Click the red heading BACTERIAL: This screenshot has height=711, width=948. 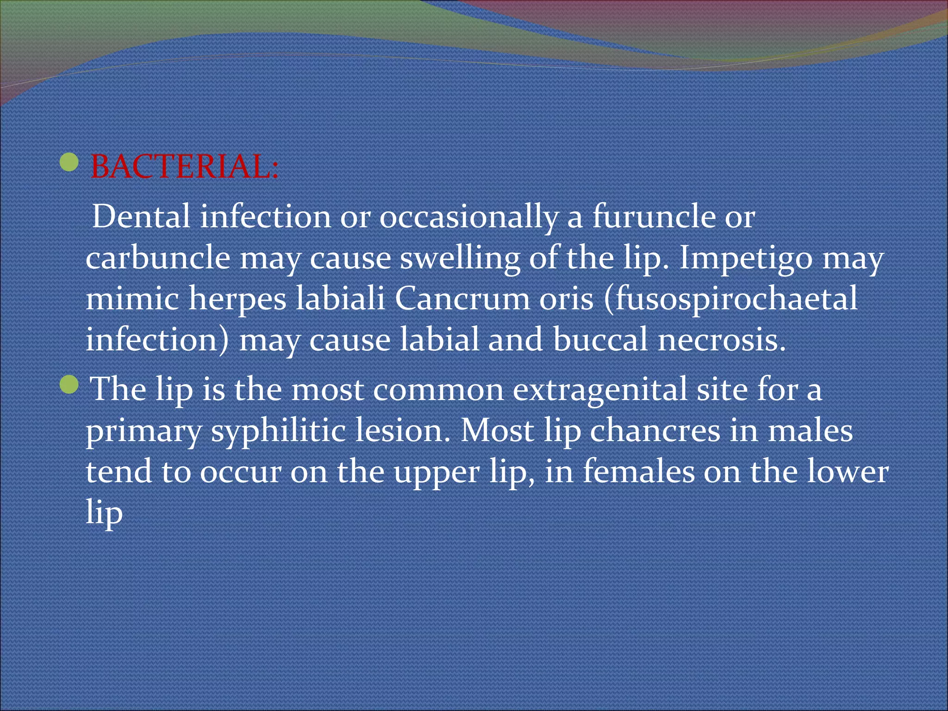[x=184, y=167]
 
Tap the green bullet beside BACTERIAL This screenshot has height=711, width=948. [x=69, y=162]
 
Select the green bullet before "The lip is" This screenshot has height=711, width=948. [x=69, y=385]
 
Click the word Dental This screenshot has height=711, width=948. [x=141, y=216]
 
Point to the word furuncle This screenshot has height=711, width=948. [x=654, y=216]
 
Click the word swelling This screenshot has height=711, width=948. [x=460, y=258]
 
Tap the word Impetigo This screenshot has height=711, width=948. [x=745, y=258]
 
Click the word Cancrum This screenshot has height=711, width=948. [x=462, y=299]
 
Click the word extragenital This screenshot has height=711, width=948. [x=599, y=390]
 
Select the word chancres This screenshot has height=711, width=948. [x=655, y=430]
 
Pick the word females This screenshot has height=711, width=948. [x=638, y=471]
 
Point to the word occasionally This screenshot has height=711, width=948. [x=468, y=217]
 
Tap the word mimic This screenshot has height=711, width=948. [x=132, y=299]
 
